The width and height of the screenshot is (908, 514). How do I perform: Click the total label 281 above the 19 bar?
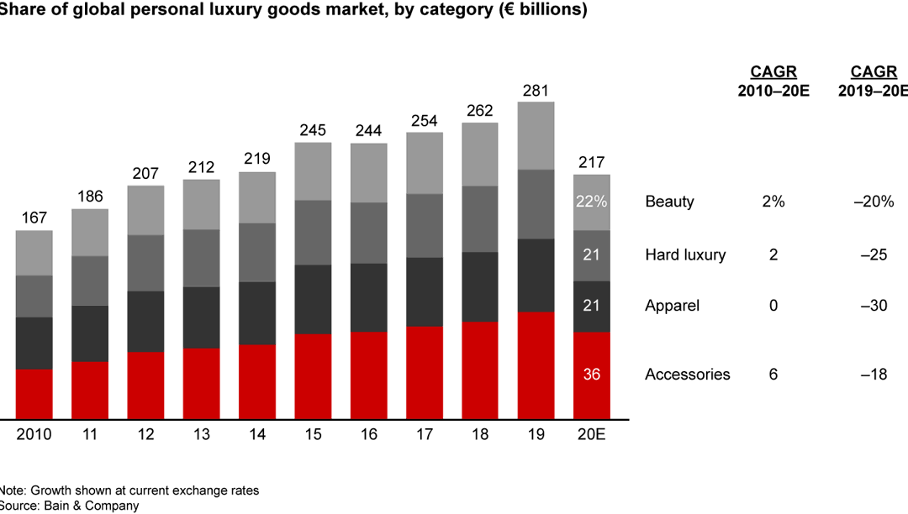pos(536,89)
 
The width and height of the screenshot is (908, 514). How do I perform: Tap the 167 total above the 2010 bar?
pos(34,218)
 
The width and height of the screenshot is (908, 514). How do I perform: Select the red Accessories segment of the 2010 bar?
pos(34,394)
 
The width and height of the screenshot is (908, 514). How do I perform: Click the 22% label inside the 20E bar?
pos(591,202)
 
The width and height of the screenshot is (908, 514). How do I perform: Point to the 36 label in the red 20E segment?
pos(591,375)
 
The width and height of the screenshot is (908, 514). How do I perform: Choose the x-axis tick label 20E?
pos(591,435)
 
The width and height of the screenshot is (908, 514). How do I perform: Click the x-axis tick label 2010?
pos(34,435)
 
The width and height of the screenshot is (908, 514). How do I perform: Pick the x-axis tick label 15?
pos(313,435)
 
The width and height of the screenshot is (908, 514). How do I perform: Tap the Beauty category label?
pos(669,202)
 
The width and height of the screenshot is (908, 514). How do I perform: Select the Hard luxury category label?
pos(685,254)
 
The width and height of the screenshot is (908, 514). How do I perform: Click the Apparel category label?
pos(672,306)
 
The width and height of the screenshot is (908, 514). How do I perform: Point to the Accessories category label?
pos(688,375)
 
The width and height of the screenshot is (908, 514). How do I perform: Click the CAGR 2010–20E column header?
pos(773,81)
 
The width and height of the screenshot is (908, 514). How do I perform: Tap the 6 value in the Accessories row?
pos(773,375)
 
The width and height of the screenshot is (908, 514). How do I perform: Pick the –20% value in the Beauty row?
pos(872,202)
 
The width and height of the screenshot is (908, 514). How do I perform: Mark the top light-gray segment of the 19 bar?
pos(536,135)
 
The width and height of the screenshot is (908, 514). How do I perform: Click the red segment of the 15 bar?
pos(313,376)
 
